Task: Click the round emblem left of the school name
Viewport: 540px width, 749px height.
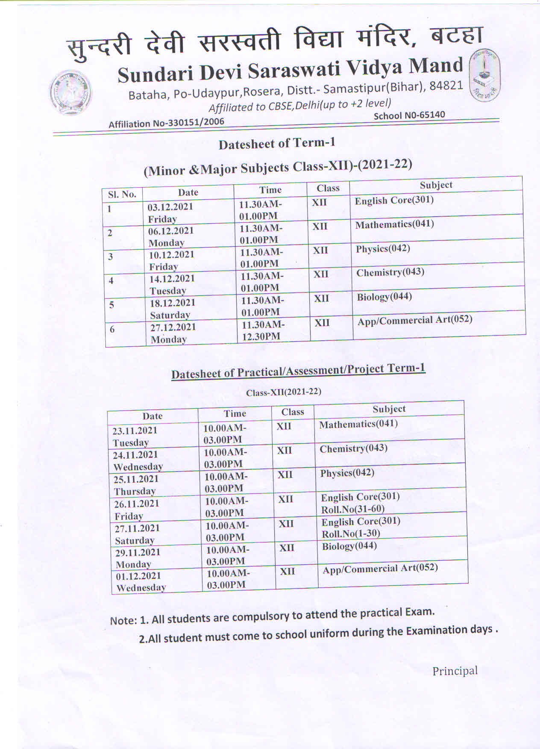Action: click(x=70, y=92)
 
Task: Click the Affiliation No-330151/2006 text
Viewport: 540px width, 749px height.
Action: click(x=166, y=123)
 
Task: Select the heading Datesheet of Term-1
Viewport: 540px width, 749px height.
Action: click(x=277, y=144)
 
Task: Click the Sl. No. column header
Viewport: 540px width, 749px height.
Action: click(x=122, y=195)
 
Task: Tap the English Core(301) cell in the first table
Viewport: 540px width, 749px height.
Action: click(x=394, y=200)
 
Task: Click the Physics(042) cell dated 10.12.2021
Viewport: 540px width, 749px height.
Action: click(x=382, y=248)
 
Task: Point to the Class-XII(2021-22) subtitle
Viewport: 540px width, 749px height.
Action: click(x=283, y=392)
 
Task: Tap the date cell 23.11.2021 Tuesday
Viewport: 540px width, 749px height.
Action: click(x=135, y=436)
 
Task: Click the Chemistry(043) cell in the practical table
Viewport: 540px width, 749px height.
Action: click(x=353, y=448)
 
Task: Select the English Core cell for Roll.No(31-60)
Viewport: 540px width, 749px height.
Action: click(x=360, y=503)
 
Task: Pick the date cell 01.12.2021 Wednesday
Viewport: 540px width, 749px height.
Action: click(x=141, y=581)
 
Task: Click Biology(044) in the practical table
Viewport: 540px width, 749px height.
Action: click(x=349, y=546)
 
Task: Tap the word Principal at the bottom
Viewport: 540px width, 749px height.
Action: click(x=455, y=671)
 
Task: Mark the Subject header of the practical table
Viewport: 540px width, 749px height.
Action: click(x=389, y=409)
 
